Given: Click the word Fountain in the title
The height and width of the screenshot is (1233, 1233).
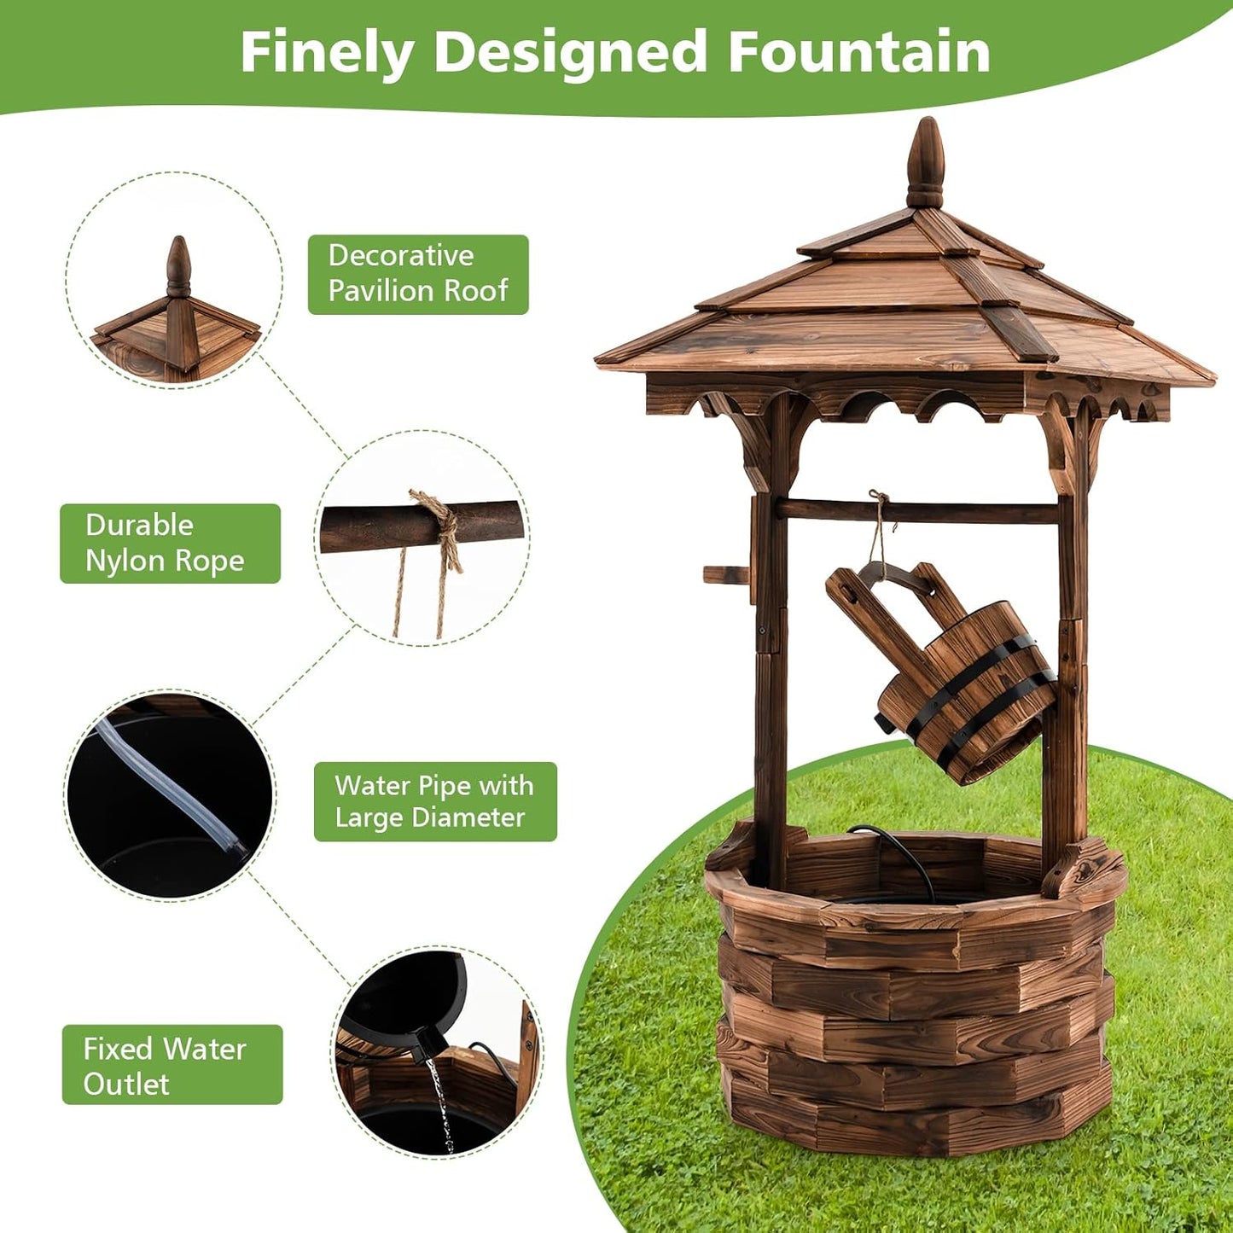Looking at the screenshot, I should pos(858,53).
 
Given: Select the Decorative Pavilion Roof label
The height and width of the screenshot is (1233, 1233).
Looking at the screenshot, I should pos(418,274).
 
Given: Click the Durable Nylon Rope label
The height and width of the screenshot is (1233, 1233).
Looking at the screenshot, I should pos(170,544).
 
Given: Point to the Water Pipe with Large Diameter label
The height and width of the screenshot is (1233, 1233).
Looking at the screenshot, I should pos(435,801).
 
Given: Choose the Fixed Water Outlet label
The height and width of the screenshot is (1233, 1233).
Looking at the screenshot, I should pos(172,1065).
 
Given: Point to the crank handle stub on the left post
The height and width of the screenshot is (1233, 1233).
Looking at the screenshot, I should pos(725,574).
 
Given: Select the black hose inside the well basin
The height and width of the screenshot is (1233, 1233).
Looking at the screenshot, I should pos(905,858).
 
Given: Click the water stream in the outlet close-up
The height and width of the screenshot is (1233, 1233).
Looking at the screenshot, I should pos(441,1102).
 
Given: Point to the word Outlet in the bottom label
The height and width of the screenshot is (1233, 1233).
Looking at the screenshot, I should pos(126,1084).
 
